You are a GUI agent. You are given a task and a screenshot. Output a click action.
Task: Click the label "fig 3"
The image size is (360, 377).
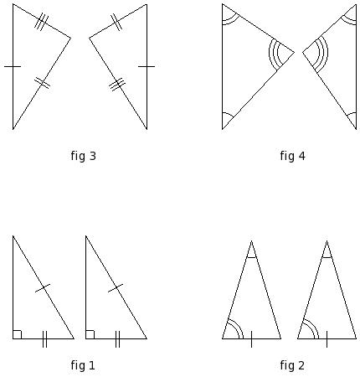click(83, 156)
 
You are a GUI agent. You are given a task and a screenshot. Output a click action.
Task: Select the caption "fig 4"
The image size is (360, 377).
click(292, 156)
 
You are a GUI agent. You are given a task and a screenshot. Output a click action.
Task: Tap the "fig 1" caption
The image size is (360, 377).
click(83, 365)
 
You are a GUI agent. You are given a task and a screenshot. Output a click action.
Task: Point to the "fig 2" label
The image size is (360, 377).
click(292, 365)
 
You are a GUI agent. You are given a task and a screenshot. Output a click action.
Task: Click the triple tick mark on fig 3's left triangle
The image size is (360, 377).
click(41, 21)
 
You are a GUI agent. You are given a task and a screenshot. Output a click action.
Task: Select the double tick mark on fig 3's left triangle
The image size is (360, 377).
click(42, 83)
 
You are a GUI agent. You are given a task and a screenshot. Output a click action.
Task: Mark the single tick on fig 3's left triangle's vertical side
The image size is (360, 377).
click(13, 66)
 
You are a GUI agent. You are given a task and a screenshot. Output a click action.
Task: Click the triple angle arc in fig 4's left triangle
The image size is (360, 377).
click(274, 53)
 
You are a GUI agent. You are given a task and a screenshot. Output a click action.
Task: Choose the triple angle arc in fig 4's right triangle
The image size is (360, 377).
click(323, 53)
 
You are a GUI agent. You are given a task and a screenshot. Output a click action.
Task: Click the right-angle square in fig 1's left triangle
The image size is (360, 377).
click(17, 334)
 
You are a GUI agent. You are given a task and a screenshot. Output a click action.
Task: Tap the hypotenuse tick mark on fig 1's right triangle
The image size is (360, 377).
click(116, 288)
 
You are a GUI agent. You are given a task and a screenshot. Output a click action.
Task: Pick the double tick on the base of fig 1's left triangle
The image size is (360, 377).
click(44, 339)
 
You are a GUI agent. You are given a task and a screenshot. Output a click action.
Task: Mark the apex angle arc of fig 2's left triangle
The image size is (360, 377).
click(251, 257)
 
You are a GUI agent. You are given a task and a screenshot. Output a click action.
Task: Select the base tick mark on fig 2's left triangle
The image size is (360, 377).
click(251, 339)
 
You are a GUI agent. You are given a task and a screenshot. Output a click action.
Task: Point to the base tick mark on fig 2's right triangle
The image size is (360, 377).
click(327, 339)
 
